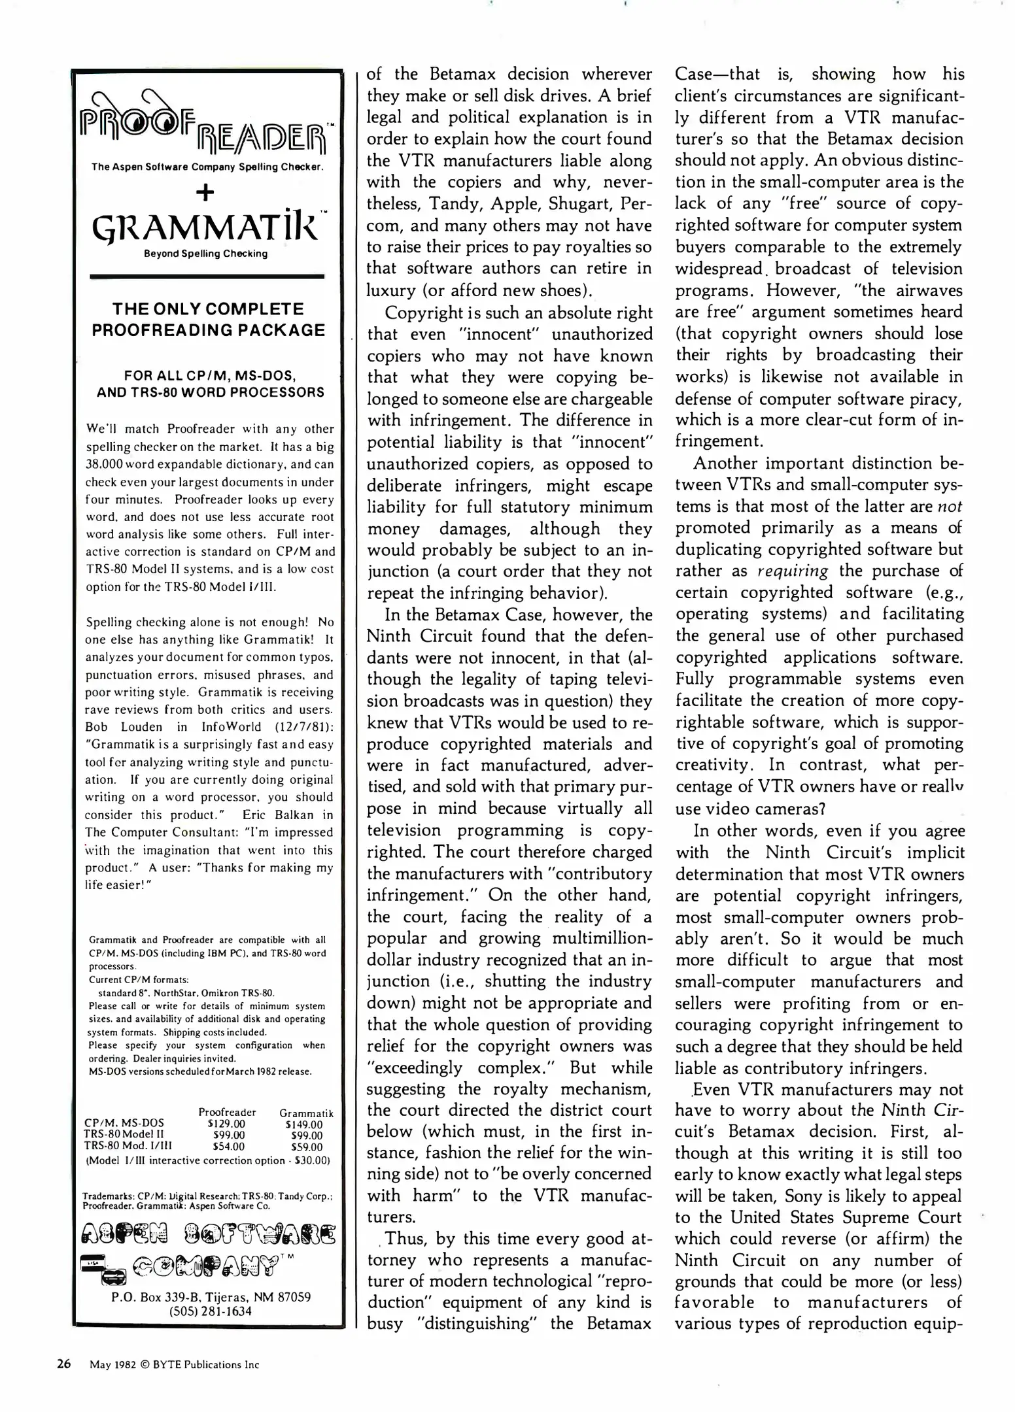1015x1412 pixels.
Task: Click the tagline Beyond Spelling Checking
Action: click(205, 254)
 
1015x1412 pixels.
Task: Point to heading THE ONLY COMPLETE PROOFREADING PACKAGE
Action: click(208, 319)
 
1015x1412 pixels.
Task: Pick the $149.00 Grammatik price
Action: click(305, 1124)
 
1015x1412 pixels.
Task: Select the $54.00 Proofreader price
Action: click(228, 1147)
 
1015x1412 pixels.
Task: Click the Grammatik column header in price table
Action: click(306, 1113)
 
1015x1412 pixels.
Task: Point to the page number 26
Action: click(63, 1364)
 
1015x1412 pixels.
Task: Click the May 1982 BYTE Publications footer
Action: click(175, 1365)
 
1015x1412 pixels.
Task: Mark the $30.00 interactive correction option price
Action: click(312, 1160)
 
